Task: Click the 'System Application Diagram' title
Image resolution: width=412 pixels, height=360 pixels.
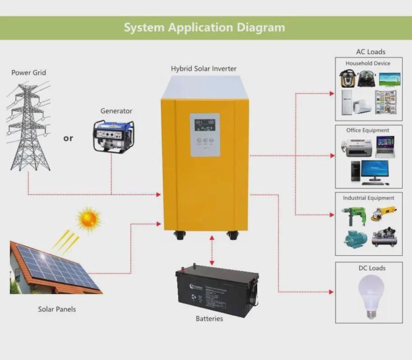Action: tap(204, 27)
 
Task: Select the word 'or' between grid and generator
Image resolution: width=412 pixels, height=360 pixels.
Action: tap(68, 138)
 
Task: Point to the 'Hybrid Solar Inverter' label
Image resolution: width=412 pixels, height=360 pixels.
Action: tap(204, 69)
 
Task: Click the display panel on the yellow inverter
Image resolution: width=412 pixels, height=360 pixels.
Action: tap(205, 134)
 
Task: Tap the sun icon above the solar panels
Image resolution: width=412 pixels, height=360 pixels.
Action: tap(89, 219)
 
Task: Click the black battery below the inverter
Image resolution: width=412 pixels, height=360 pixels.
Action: tap(217, 290)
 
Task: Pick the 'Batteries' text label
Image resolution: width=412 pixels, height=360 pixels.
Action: tap(210, 319)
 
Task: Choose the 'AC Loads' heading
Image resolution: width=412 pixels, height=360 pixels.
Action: tap(371, 52)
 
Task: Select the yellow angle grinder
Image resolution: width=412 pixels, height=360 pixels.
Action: tap(384, 213)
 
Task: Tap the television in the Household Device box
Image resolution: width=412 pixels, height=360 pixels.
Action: tap(389, 79)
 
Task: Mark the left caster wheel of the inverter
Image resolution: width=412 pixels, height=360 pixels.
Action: tap(180, 235)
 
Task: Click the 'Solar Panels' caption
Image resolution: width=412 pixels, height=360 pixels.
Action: tap(57, 309)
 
